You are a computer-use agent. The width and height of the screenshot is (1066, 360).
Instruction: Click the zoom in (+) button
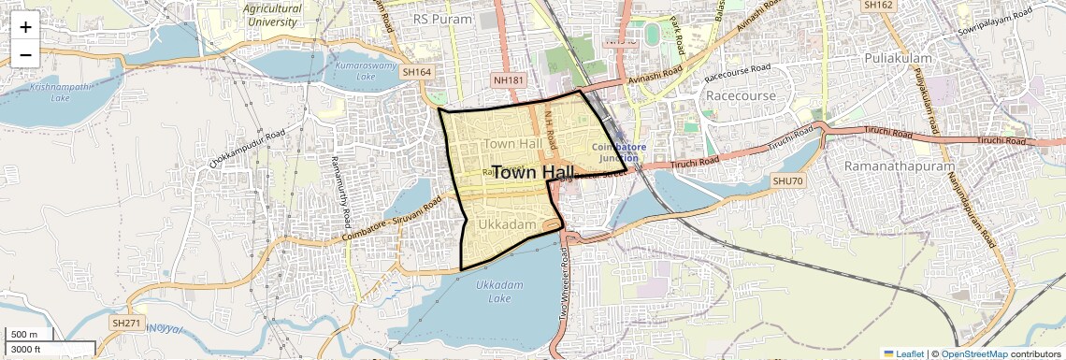[x=25, y=26]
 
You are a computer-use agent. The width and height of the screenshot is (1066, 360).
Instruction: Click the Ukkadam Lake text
[x=493, y=291]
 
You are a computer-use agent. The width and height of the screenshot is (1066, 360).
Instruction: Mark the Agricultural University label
[x=273, y=14]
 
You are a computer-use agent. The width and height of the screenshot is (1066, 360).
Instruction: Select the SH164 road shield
[x=416, y=71]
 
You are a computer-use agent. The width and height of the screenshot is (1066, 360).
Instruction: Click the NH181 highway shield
[x=508, y=80]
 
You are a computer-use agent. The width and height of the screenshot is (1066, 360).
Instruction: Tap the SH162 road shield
[x=879, y=5]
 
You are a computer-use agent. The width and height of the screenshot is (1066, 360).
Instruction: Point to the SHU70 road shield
[x=787, y=180]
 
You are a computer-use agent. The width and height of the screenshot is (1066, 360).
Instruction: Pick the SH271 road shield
[x=125, y=323]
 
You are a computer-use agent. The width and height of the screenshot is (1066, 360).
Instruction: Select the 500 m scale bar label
[x=24, y=335]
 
